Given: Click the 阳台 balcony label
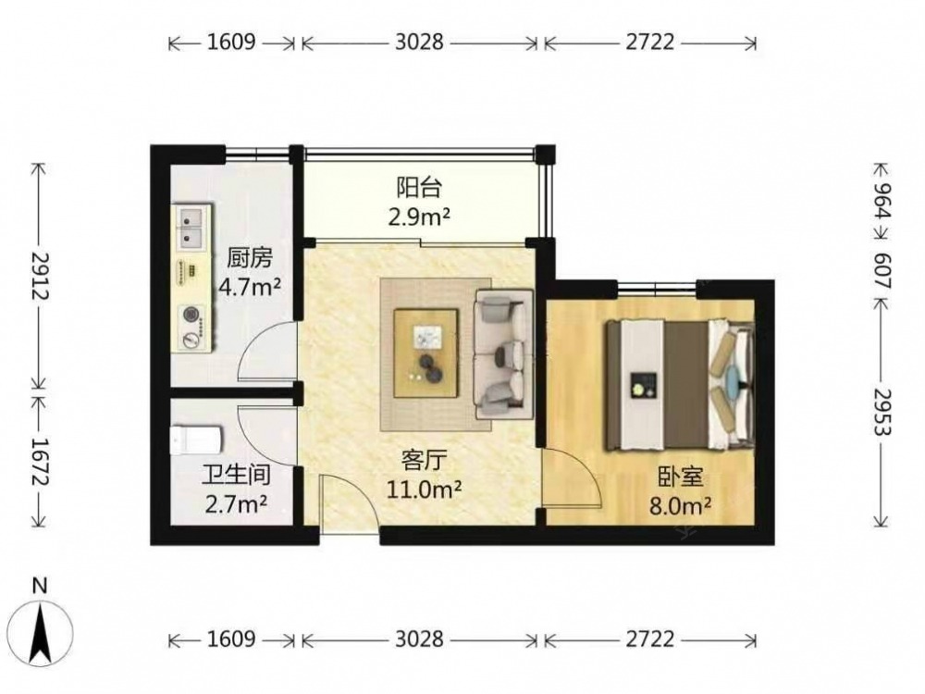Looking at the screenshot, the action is point(419,188).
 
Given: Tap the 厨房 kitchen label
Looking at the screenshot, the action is point(250,258).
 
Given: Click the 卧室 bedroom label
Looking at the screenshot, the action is point(681,477).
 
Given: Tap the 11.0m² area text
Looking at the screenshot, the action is point(424,490).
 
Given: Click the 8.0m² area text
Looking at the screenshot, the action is point(680,506).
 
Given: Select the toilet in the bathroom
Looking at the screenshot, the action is point(196,441).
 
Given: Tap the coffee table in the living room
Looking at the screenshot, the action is point(426,353).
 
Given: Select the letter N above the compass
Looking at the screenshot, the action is point(40,586).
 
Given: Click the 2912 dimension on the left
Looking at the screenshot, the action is point(40,276).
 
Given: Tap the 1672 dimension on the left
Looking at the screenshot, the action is point(40,461).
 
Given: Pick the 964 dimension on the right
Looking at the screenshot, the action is point(882,201).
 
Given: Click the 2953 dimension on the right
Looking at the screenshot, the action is point(882,411).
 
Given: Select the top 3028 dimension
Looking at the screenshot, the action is point(419,43).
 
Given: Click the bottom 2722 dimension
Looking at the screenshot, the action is point(649,639).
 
